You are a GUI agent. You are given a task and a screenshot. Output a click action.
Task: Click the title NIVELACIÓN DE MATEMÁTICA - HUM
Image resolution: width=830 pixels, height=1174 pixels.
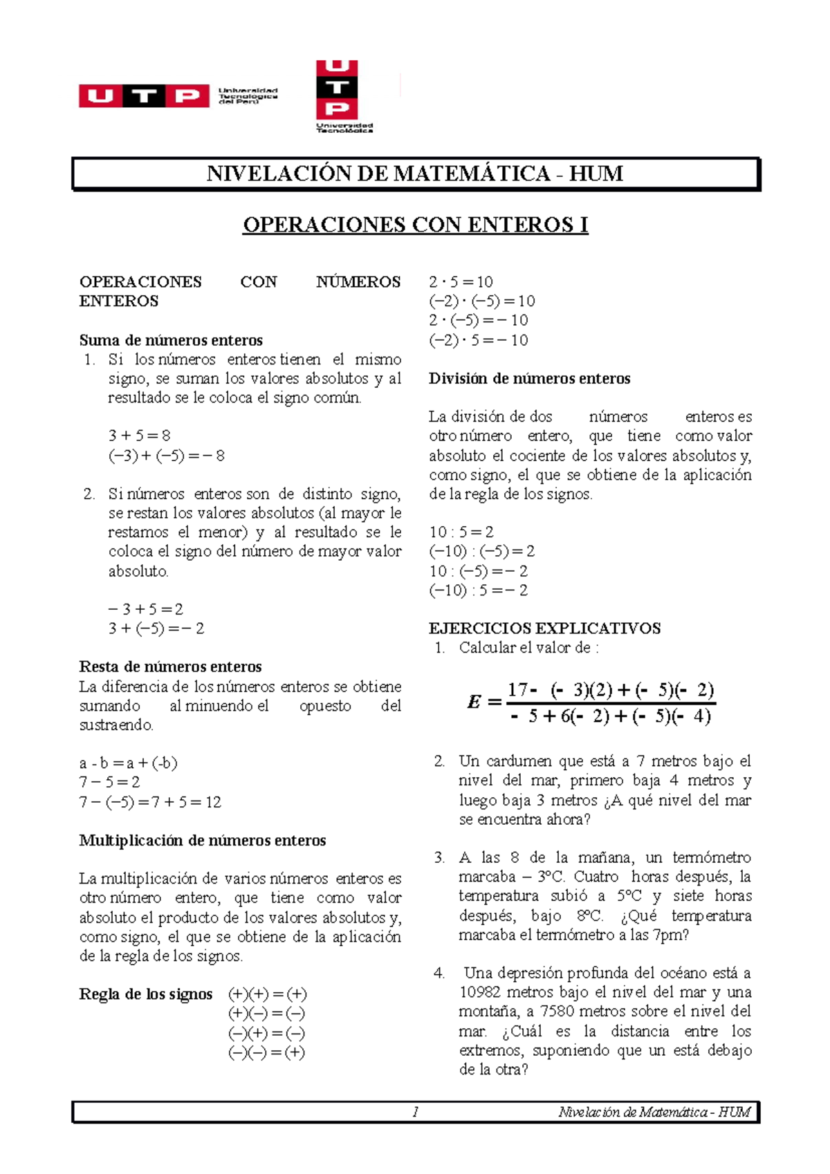pyautogui.click(x=415, y=174)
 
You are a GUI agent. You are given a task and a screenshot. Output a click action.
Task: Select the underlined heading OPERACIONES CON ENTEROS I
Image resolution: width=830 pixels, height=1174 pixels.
pyautogui.click(x=415, y=225)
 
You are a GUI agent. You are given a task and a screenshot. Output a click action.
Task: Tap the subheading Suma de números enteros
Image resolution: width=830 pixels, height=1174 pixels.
pyautogui.click(x=171, y=340)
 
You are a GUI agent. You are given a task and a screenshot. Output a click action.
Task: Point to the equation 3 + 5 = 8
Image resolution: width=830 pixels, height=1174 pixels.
pyautogui.click(x=139, y=436)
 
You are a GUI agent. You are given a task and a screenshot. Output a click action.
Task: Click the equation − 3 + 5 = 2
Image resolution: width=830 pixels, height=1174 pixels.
pyautogui.click(x=145, y=609)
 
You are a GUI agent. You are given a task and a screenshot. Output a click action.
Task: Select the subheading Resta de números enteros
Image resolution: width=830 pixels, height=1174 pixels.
pyautogui.click(x=170, y=667)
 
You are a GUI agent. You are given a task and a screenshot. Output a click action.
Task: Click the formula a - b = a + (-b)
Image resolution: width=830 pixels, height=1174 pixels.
pyautogui.click(x=128, y=763)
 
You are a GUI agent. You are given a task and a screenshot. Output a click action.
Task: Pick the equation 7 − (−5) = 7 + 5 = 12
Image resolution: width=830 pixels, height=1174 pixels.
pyautogui.click(x=150, y=802)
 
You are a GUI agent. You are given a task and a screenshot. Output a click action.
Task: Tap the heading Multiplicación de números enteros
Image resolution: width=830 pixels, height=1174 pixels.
pyautogui.click(x=202, y=841)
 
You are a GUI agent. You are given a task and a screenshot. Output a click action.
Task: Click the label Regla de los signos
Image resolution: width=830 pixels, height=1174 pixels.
pyautogui.click(x=145, y=994)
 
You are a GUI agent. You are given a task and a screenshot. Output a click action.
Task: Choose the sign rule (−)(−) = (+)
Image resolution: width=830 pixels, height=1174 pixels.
pyautogui.click(x=267, y=1053)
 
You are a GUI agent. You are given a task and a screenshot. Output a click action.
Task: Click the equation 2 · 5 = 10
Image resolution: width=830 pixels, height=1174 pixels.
pyautogui.click(x=461, y=282)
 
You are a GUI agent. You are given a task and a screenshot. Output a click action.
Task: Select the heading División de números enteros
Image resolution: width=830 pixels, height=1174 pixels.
pyautogui.click(x=529, y=379)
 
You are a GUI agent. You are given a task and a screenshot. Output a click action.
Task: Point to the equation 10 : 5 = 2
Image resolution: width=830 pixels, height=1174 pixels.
pyautogui.click(x=461, y=532)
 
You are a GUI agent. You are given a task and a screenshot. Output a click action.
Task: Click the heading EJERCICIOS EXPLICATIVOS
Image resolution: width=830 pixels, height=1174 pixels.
pyautogui.click(x=544, y=628)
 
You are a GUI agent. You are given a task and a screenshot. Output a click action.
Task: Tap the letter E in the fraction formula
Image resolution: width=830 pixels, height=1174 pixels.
pyautogui.click(x=474, y=702)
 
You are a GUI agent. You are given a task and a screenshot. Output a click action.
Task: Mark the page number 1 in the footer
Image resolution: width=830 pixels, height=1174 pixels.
pyautogui.click(x=415, y=1112)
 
